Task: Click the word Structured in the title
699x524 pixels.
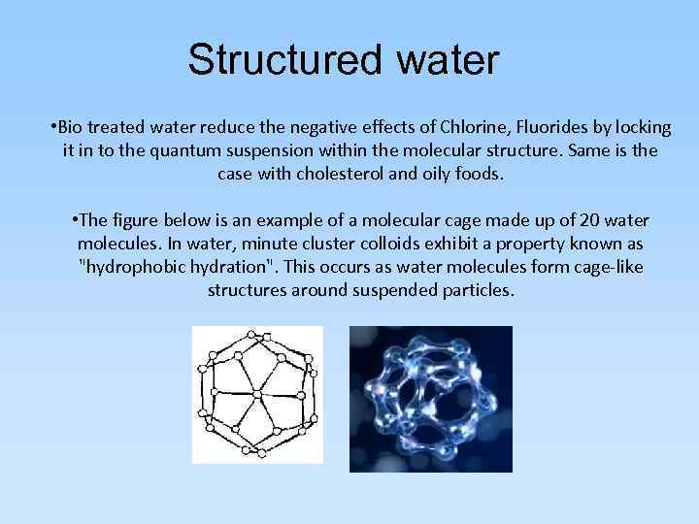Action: point(283,59)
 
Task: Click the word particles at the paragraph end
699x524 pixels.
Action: point(470,290)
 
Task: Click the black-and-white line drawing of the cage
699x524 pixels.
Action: point(257,393)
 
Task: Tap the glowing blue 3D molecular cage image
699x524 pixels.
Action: point(430,398)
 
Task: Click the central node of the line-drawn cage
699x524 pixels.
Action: point(256,394)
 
